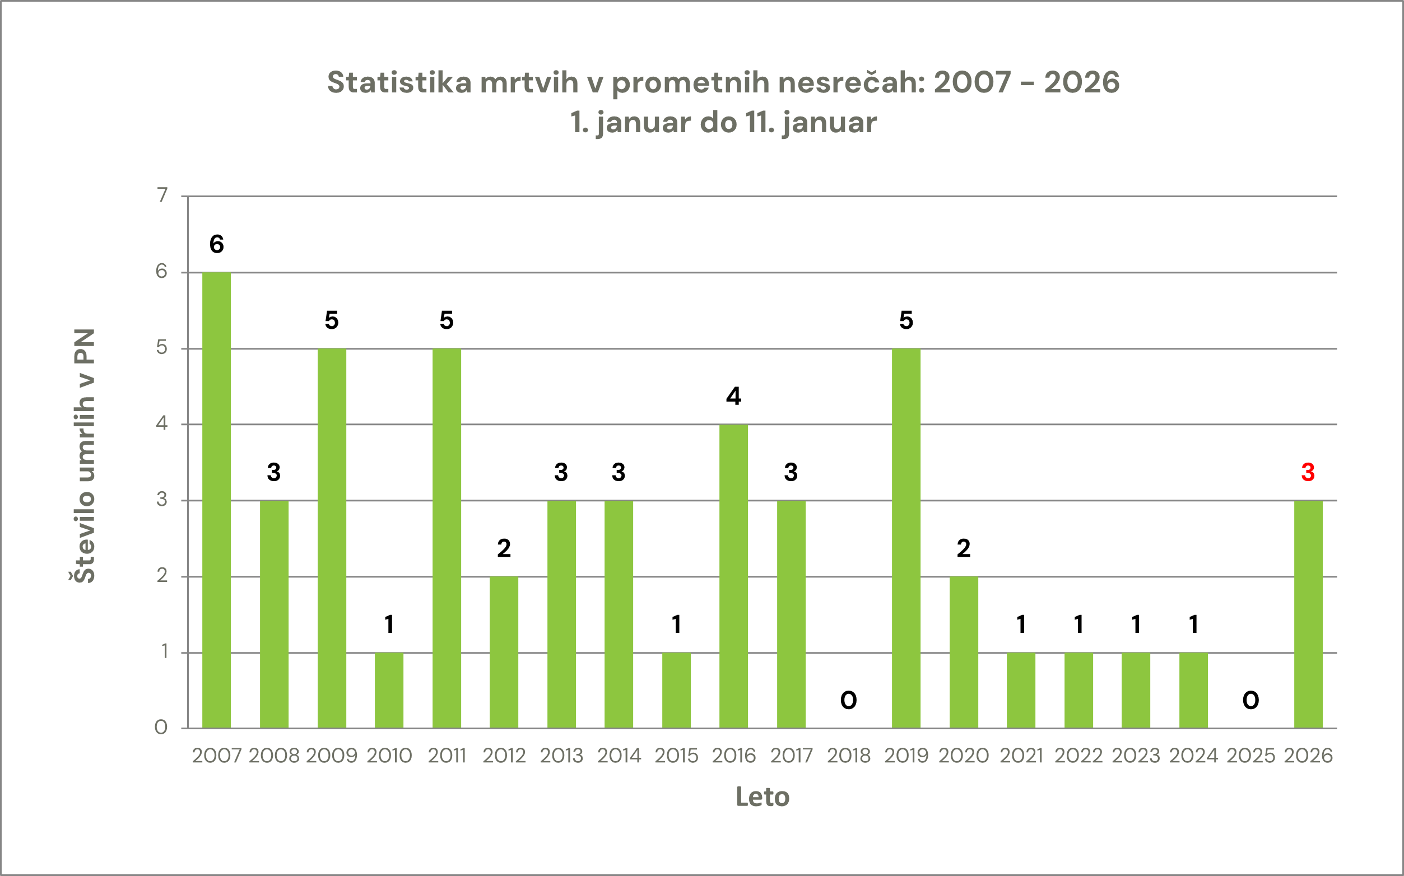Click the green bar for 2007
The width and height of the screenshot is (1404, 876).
pyautogui.click(x=216, y=500)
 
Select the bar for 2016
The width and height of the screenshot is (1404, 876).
pyautogui.click(x=733, y=576)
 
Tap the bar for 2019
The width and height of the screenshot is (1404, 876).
pyautogui.click(x=906, y=538)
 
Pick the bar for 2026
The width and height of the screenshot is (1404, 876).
pyautogui.click(x=1308, y=614)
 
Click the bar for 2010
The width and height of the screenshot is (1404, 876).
pyautogui.click(x=389, y=690)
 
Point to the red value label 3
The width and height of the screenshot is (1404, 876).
pyautogui.click(x=1308, y=473)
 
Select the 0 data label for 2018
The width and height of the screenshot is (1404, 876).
pyautogui.click(x=848, y=701)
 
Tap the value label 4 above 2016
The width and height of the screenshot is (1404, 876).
pyautogui.click(x=733, y=397)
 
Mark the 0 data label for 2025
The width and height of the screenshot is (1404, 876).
pyautogui.click(x=1250, y=701)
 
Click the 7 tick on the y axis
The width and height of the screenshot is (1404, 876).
pyautogui.click(x=162, y=195)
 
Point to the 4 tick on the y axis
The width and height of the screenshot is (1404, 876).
pyautogui.click(x=162, y=423)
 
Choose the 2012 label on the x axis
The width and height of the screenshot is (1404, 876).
pyautogui.click(x=504, y=756)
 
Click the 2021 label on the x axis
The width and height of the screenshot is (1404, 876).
pyautogui.click(x=1021, y=756)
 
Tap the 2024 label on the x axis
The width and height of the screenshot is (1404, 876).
pyautogui.click(x=1193, y=756)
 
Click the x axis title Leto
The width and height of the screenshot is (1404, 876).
pyautogui.click(x=762, y=797)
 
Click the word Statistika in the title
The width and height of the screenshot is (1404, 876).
pyautogui.click(x=399, y=82)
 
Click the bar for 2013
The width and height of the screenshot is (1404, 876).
pyautogui.click(x=561, y=614)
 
